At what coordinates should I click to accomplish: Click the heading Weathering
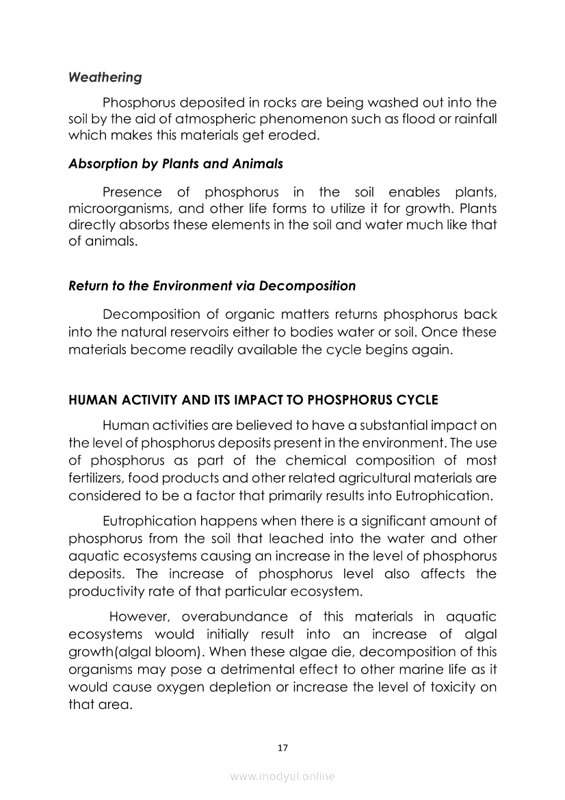pyautogui.click(x=105, y=77)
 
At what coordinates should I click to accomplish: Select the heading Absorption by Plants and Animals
pyautogui.click(x=176, y=164)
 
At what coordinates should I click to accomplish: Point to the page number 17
pyautogui.click(x=282, y=748)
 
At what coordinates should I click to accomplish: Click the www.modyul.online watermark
pyautogui.click(x=282, y=777)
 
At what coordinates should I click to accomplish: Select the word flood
pyautogui.click(x=407, y=118)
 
